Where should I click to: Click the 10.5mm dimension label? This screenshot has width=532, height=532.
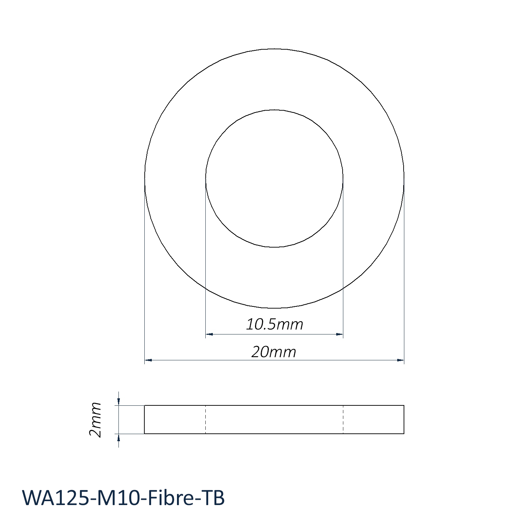coord(275,324)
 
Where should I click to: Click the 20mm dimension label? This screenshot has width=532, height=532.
coord(273,352)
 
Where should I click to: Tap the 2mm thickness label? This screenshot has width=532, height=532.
coord(95,420)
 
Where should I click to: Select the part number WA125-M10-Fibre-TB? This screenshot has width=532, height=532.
coord(123,498)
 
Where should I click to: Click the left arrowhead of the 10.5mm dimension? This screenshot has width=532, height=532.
coord(209,334)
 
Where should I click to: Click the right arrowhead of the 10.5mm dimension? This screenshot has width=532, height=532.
coord(339,334)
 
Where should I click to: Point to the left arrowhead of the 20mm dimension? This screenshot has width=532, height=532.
coord(148,360)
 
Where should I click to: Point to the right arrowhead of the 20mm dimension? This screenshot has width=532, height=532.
coord(400,360)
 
